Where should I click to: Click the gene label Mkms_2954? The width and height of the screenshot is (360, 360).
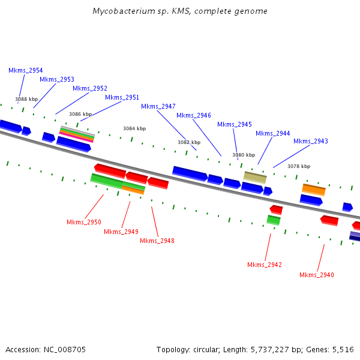(x=26, y=70)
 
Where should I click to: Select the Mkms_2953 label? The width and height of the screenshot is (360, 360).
(x=57, y=79)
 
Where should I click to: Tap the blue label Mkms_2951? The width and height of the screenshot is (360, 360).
(x=122, y=97)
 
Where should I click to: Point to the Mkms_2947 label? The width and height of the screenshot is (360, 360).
(x=158, y=106)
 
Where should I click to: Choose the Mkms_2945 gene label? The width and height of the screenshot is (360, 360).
(x=235, y=124)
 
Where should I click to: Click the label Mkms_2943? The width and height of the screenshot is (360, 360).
(x=311, y=141)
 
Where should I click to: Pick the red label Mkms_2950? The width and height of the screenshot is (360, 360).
(x=84, y=222)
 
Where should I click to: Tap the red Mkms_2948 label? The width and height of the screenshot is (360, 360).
(x=157, y=241)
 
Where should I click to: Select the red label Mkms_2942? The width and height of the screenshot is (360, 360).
(x=265, y=265)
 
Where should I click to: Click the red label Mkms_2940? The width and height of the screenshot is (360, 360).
(x=317, y=275)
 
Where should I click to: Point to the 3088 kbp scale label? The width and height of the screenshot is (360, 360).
(x=26, y=99)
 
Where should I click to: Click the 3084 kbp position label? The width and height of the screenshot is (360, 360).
(x=134, y=128)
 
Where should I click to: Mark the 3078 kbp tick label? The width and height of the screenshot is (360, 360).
(x=299, y=166)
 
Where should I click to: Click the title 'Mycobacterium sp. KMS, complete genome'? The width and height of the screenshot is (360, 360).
(x=180, y=11)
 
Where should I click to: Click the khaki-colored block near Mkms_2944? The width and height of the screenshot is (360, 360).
(x=255, y=177)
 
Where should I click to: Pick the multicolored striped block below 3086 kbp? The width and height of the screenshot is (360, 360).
(x=77, y=134)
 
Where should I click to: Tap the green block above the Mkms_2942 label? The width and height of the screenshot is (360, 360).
(x=274, y=220)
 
